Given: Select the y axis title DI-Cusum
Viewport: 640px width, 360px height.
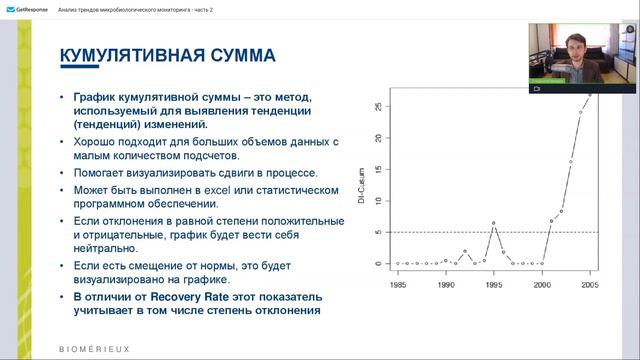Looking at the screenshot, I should tap(364, 184).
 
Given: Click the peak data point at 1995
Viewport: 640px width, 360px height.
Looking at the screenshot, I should tap(494, 222).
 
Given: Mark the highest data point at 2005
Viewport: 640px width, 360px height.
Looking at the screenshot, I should tap(590, 95).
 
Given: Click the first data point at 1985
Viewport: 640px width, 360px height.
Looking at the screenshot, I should tap(398, 263).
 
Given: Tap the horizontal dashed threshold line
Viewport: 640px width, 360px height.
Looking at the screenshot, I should tap(450, 232).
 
